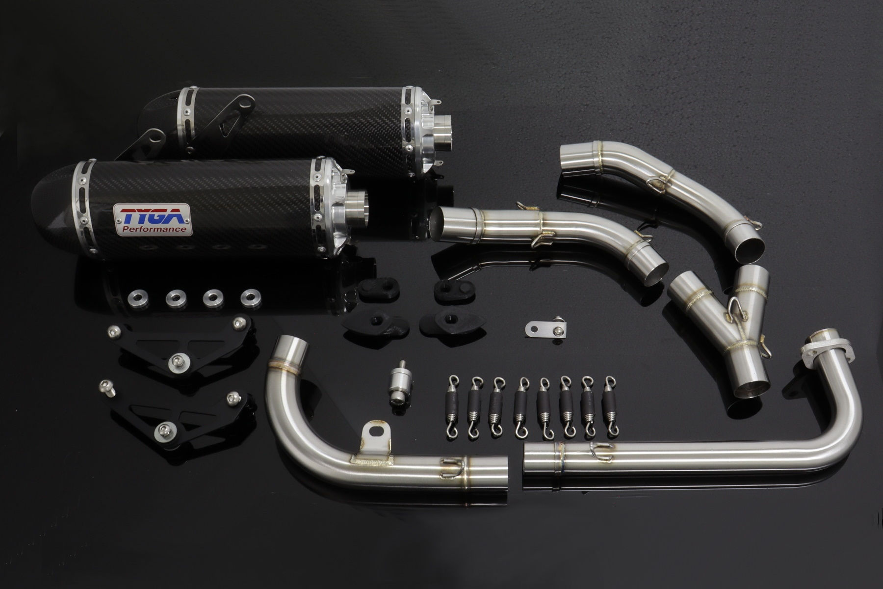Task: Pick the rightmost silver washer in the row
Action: point(251,296)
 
